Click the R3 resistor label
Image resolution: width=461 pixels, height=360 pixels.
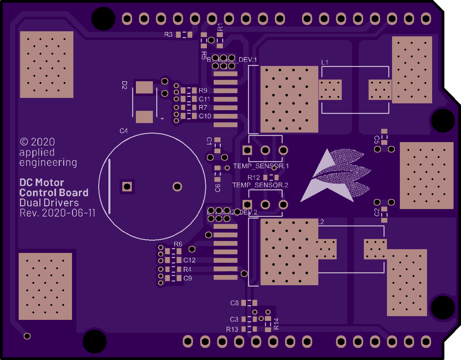tap(168, 35)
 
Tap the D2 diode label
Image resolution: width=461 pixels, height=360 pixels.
tap(124, 85)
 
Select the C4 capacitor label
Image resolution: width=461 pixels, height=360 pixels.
tap(124, 131)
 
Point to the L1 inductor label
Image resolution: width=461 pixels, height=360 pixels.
tap(325, 62)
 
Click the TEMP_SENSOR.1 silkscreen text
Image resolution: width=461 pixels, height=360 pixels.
tap(261, 166)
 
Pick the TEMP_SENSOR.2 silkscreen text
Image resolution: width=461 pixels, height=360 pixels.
tap(260, 185)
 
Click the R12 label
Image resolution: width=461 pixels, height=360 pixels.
tap(253, 177)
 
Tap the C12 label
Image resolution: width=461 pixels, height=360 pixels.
tap(189, 260)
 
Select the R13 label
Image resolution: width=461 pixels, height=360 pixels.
tap(232, 329)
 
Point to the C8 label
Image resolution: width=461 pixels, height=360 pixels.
tap(234, 303)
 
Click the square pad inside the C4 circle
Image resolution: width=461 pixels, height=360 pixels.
tap(127, 187)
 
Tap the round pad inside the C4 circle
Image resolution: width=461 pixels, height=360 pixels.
tap(177, 187)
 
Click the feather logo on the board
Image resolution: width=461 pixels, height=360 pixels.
tap(338, 175)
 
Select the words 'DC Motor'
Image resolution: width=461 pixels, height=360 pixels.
tap(41, 183)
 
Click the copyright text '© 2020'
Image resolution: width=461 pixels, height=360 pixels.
tap(37, 142)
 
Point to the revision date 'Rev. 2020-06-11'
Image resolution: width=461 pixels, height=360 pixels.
tap(57, 213)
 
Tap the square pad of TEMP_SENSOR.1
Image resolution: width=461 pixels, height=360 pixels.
tap(247, 150)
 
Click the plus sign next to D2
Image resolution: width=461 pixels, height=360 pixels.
tap(162, 119)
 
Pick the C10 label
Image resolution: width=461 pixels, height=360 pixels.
tap(205, 116)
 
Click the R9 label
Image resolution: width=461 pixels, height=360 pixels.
tap(203, 90)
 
